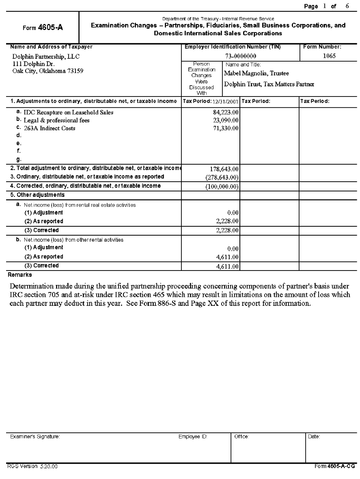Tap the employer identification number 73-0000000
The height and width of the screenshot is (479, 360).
click(x=241, y=56)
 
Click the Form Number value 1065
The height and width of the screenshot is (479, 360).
click(x=329, y=56)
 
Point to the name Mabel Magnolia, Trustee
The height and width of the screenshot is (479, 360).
click(x=257, y=73)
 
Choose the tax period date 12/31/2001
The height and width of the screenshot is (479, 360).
click(x=225, y=101)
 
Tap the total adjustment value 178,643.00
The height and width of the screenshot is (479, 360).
click(x=224, y=169)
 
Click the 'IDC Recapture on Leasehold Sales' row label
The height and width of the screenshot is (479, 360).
click(x=69, y=112)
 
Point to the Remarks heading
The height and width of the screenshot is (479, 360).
click(x=20, y=275)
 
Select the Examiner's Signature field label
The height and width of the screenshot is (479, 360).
click(x=35, y=437)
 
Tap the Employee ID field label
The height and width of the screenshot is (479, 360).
click(x=193, y=437)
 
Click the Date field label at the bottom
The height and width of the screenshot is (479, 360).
click(x=314, y=437)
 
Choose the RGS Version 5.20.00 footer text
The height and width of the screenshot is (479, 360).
click(x=32, y=466)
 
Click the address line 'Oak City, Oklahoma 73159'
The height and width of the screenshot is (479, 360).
click(x=48, y=71)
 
